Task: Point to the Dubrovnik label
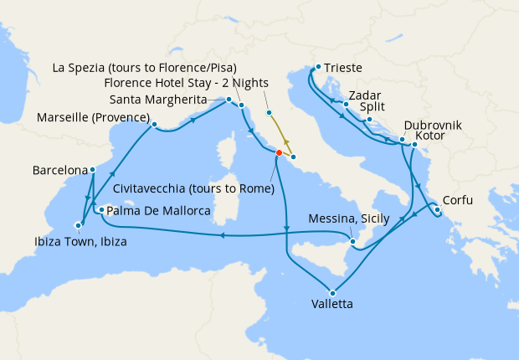[x=432, y=126]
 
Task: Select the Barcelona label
[x=59, y=170]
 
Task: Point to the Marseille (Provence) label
[x=92, y=117]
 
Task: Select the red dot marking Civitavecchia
[x=279, y=152]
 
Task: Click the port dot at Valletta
[x=333, y=292]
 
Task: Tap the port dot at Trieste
[x=319, y=67]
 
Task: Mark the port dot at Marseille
[x=154, y=126]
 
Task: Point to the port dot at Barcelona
[x=92, y=170]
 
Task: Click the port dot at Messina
[x=353, y=243]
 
